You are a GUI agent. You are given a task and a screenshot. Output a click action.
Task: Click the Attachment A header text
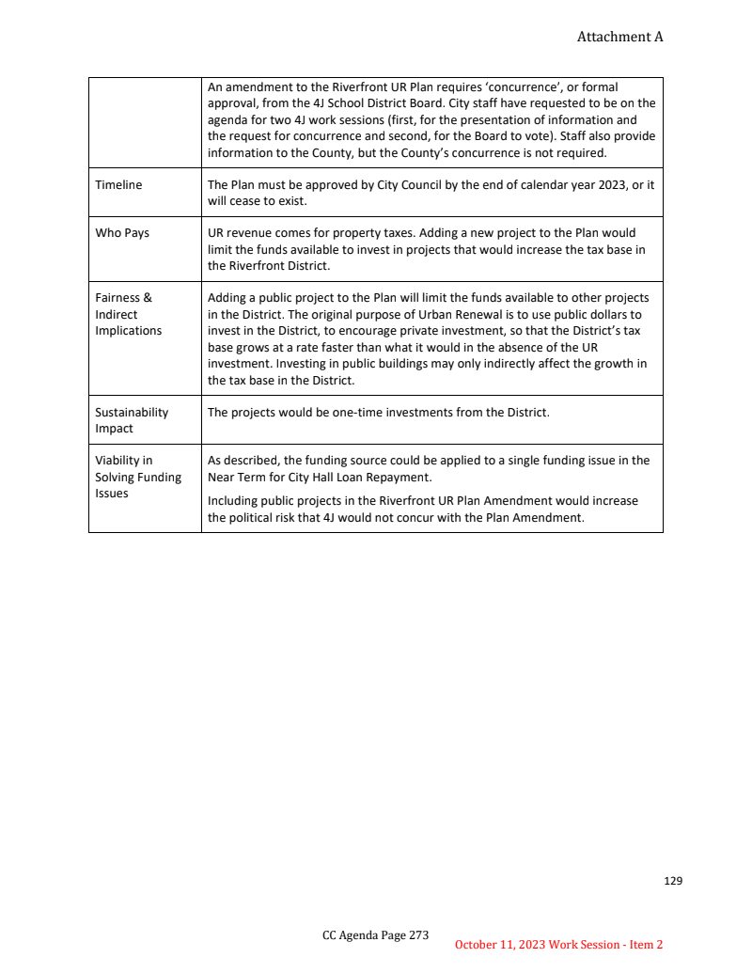click(x=619, y=37)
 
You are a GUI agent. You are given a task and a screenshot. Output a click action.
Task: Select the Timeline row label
click(x=118, y=185)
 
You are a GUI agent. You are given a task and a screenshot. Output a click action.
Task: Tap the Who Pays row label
click(x=122, y=233)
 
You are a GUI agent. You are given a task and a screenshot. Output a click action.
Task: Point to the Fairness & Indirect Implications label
click(x=129, y=314)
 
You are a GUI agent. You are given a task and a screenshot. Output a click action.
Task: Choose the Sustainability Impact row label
click(x=132, y=420)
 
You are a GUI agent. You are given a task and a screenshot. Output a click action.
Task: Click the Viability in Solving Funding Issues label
click(x=137, y=477)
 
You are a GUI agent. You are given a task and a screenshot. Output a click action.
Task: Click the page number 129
click(x=673, y=881)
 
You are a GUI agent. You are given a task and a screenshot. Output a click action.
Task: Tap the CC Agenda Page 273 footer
click(x=375, y=935)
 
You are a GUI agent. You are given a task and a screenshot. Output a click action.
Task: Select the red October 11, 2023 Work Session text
click(x=558, y=945)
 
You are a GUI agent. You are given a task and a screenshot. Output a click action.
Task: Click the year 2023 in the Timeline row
click(x=611, y=185)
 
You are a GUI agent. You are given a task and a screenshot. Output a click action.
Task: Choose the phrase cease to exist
click(x=269, y=201)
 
